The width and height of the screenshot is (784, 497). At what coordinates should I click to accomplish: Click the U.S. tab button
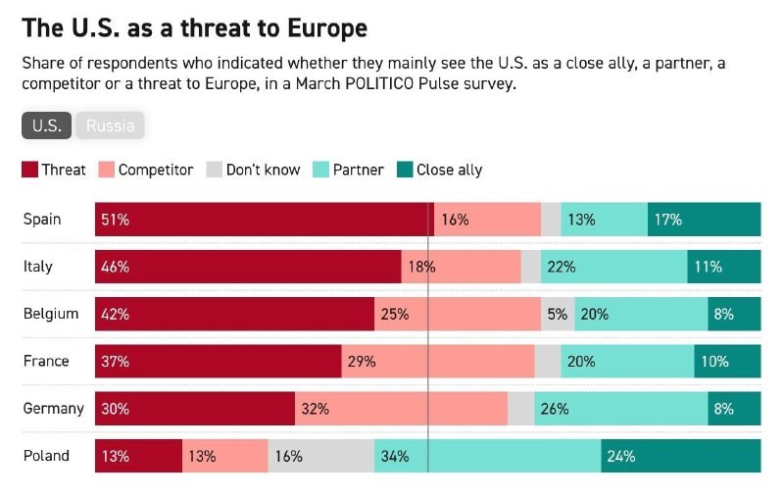(46, 125)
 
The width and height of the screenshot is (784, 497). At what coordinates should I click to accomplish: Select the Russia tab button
(111, 125)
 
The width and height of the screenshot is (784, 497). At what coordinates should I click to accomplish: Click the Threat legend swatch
(29, 170)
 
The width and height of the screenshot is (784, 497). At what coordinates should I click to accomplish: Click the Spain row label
(42, 219)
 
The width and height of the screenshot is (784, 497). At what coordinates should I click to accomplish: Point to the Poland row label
(46, 456)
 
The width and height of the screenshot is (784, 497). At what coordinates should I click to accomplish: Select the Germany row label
(53, 408)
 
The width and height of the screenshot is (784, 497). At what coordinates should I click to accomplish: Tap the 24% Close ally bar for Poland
(680, 456)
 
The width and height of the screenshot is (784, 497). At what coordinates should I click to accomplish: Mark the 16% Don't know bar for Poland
(320, 456)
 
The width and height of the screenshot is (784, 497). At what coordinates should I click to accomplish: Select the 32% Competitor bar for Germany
(401, 409)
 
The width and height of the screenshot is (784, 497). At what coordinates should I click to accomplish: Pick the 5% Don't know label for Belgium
(557, 314)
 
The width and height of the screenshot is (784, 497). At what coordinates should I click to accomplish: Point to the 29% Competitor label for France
(362, 361)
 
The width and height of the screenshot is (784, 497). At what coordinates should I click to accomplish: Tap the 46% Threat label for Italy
(115, 267)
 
